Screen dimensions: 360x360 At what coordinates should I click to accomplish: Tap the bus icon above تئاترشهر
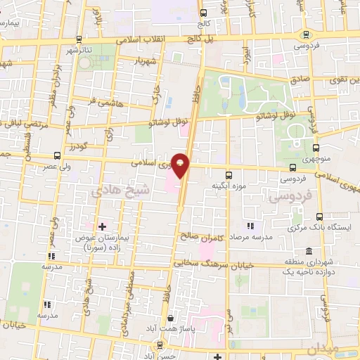pyautogui.click(x=78, y=39)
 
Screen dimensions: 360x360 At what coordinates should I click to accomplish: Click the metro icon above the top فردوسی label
pyautogui.click(x=305, y=34)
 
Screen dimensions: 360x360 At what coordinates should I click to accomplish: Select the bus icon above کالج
pyautogui.click(x=203, y=13)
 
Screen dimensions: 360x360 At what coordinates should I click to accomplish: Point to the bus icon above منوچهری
pyautogui.click(x=316, y=148)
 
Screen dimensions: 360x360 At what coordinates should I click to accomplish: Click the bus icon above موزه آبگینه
pyautogui.click(x=228, y=175)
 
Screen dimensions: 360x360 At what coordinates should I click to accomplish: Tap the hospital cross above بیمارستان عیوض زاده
pyautogui.click(x=103, y=226)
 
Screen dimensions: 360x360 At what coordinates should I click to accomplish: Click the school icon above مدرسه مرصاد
pyautogui.click(x=250, y=226)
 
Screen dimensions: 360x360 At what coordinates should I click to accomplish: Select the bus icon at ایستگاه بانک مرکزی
pyautogui.click(x=320, y=217)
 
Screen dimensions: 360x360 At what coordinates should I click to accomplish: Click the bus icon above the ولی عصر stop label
pyautogui.click(x=56, y=156)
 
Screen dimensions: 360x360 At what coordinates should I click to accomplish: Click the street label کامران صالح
pyautogui.click(x=202, y=237)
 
